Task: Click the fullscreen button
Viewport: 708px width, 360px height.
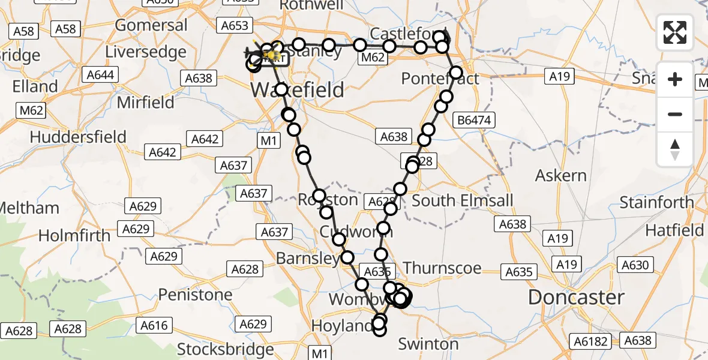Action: (675, 32)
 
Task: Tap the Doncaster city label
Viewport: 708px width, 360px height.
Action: (576, 297)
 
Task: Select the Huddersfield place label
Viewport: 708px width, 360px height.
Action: (78, 137)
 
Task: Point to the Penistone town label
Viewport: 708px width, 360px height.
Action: (195, 295)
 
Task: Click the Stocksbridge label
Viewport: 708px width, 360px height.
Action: (225, 349)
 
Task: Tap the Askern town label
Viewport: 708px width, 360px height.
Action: (561, 176)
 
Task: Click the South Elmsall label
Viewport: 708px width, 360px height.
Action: (463, 200)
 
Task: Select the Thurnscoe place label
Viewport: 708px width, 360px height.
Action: (442, 268)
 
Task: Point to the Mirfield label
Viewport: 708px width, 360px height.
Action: (145, 102)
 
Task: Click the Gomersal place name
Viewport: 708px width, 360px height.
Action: (151, 25)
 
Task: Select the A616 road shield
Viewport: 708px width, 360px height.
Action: (154, 326)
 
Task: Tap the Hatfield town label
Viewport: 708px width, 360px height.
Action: (674, 230)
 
